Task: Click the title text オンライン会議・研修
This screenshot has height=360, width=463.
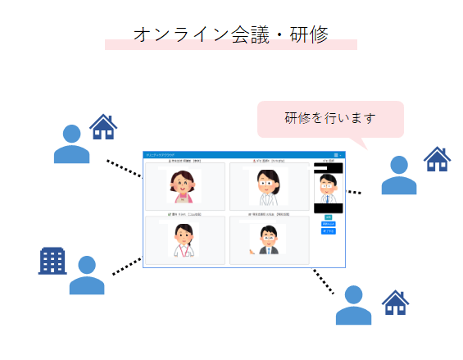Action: point(230,34)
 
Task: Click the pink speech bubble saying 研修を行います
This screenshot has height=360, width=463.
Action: point(330,118)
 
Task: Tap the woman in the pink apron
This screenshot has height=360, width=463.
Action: point(184,187)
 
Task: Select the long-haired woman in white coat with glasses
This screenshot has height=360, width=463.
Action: point(269,187)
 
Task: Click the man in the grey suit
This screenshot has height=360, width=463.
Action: point(269,239)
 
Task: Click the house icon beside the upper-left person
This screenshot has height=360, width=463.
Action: point(103,127)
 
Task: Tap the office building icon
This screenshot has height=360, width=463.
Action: point(52,260)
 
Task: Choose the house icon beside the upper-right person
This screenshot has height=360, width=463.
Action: point(437,158)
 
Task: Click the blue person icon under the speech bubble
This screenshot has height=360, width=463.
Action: point(398,175)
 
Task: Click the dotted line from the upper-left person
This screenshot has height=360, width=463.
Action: point(125,168)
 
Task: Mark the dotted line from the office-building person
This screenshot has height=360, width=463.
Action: point(127,265)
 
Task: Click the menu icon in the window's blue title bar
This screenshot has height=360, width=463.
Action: point(336,154)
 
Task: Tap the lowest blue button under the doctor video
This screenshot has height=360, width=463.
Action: point(328,231)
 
